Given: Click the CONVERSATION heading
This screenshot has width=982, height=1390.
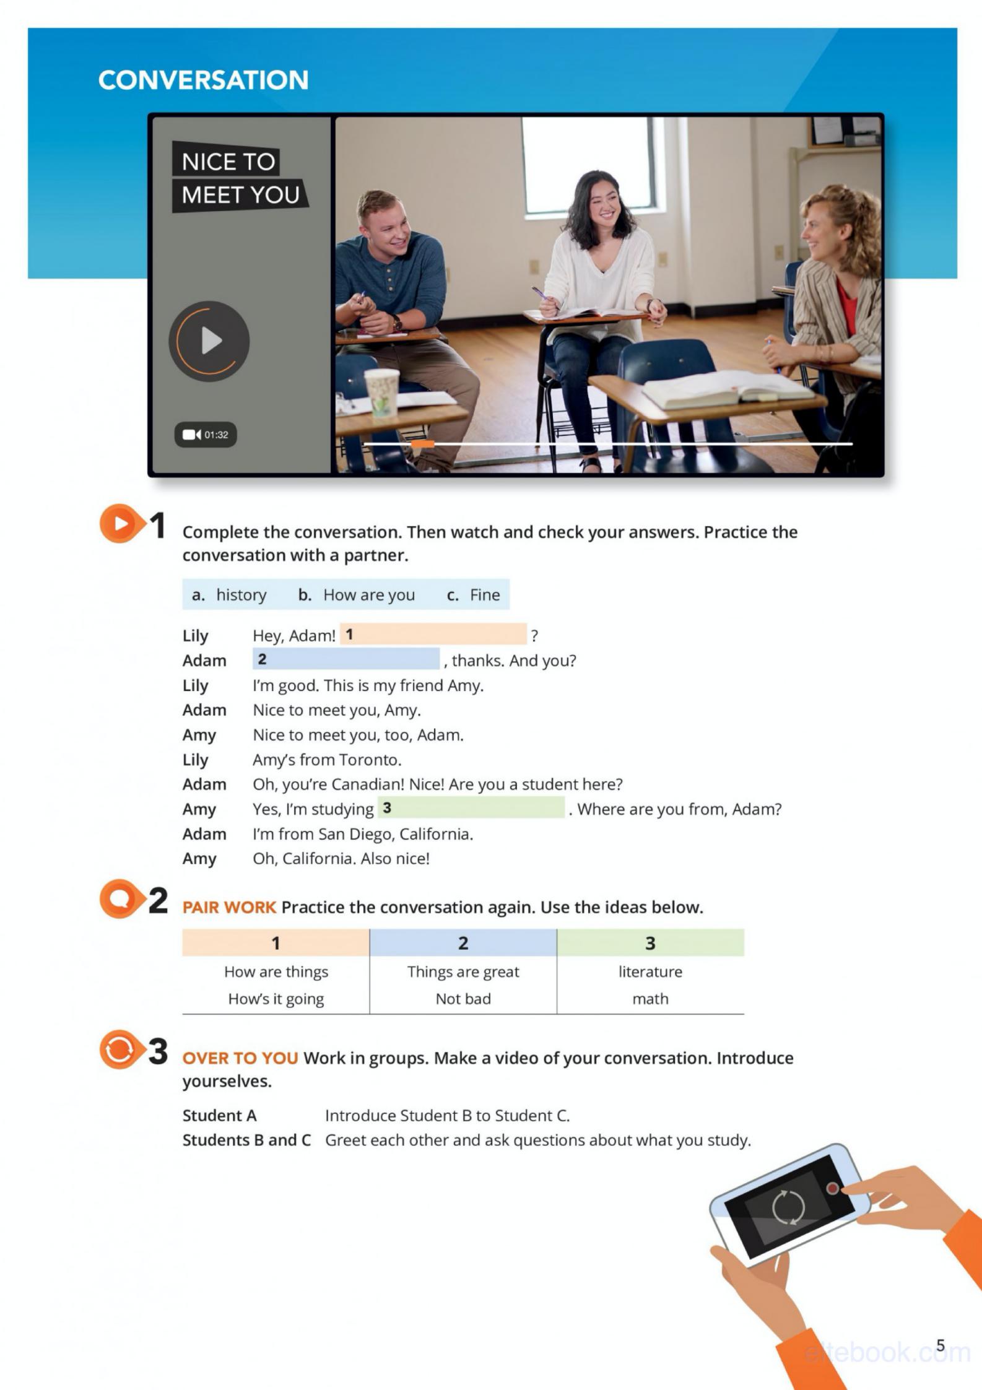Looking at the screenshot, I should (203, 80).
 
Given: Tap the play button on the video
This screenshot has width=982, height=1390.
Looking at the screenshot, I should (209, 341).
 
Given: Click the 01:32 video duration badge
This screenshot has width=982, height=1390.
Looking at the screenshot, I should (206, 435).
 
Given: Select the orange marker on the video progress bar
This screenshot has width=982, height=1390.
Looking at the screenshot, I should (423, 443).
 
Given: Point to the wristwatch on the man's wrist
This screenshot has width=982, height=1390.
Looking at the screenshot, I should (396, 322).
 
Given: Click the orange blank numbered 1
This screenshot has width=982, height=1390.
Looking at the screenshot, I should (433, 635).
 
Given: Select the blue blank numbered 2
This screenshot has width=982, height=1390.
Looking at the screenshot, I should (346, 659).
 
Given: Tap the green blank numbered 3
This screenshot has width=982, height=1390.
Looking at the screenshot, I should (471, 808).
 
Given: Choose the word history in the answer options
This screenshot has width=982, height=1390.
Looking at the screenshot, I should (241, 595).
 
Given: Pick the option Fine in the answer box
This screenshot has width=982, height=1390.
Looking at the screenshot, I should (484, 595).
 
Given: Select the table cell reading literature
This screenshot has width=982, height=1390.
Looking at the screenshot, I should (650, 972).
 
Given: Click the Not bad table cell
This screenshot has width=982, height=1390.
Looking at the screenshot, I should (463, 999).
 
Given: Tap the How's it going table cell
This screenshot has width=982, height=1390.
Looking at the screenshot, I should (276, 999).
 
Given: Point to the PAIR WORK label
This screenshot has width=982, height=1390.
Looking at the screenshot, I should (229, 908).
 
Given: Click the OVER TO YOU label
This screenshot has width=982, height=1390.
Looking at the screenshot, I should (240, 1058).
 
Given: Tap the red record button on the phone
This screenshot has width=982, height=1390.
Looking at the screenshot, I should (833, 1188).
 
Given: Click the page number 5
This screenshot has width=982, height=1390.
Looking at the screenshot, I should (941, 1345).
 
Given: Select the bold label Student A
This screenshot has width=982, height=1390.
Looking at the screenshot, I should (219, 1116).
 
